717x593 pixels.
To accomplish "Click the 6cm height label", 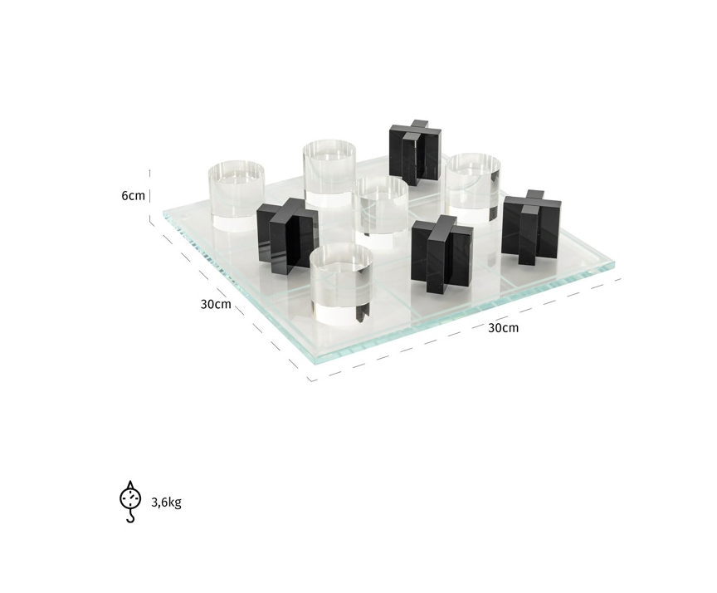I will pos(133,196).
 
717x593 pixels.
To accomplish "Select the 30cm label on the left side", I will pos(216,303).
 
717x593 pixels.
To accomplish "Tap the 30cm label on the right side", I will pos(503,327).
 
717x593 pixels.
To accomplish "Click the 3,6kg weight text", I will pos(167,502).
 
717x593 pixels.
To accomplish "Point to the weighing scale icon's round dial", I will pos(130,497).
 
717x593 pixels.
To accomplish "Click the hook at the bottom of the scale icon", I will pos(130,517).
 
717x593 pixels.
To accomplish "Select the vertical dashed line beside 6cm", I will pos(150,197).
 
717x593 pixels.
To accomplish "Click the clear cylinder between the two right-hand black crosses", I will pos(474,180).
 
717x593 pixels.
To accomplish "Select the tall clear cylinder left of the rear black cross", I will pos(329,174).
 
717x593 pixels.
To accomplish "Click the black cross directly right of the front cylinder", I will pos(441,254).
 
